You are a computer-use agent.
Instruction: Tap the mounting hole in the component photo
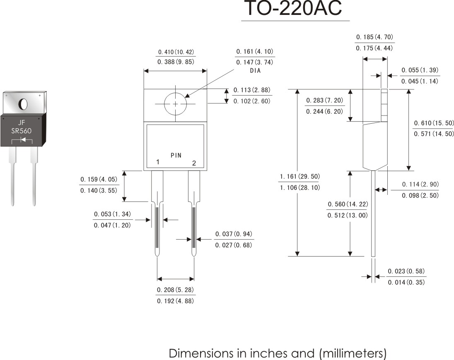pos(23,103)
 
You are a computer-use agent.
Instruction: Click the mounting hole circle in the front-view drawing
pos(175,104)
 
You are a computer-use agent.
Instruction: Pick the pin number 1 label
pos(158,162)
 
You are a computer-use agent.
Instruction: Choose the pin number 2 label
pos(194,163)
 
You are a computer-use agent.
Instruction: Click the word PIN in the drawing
pos(176,156)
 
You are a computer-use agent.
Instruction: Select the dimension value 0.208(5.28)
pos(176,290)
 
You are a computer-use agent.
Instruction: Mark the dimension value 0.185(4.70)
pos(375,37)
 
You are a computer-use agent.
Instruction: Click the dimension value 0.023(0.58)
pos(406,271)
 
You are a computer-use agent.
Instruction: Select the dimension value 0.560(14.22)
pos(348,204)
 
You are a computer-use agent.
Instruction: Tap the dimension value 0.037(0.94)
pos(234,234)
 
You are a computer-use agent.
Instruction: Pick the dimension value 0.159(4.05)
pos(99,180)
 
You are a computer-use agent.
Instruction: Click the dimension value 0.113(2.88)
pos(252,90)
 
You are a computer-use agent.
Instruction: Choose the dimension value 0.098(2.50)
pos(420,195)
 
